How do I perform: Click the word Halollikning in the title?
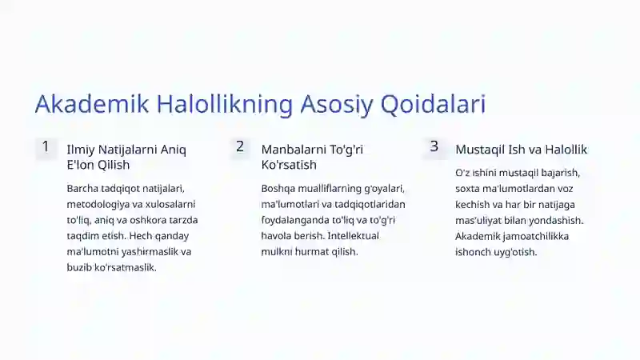(225, 104)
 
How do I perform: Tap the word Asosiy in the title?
(337, 104)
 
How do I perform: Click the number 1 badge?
(46, 147)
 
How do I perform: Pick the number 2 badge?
(240, 147)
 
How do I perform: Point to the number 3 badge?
(434, 147)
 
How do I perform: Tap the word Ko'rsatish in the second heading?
(289, 165)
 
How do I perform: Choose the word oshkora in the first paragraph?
(148, 221)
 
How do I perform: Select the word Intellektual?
(353, 236)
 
